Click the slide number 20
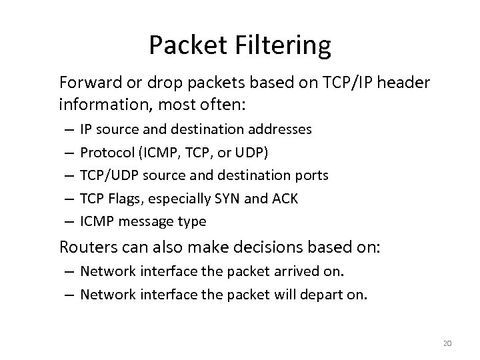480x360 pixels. click(x=447, y=343)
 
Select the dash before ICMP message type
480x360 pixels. click(x=69, y=221)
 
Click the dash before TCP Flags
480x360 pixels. click(x=69, y=198)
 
